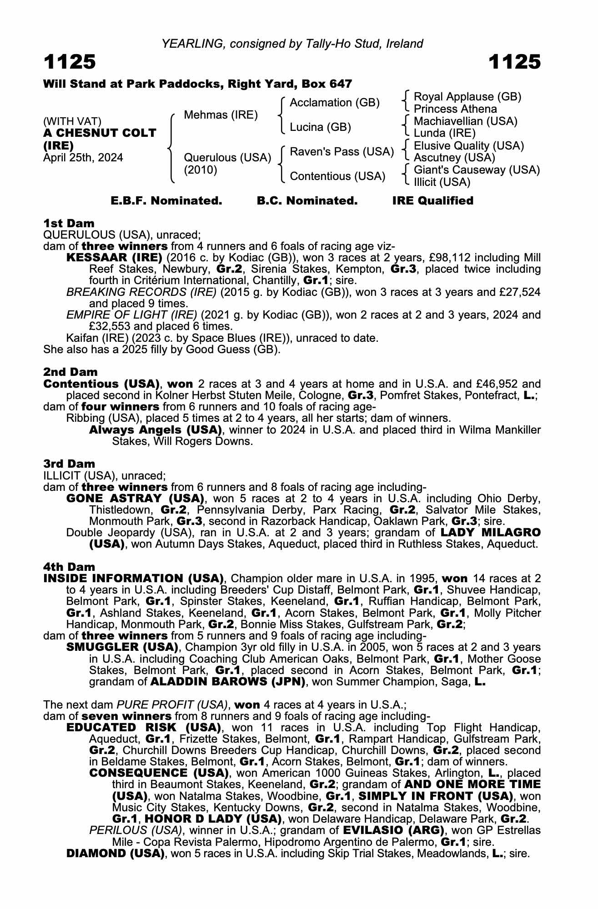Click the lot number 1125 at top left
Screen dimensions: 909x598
coord(70,62)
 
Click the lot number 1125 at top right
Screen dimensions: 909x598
coord(514,62)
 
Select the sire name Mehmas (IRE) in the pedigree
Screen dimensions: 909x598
coord(221,115)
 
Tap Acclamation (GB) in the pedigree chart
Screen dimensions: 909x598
coord(334,103)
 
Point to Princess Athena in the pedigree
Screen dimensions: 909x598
coord(455,109)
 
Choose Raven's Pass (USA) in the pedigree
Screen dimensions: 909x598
coord(342,151)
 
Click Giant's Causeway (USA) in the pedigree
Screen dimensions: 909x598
coord(477,170)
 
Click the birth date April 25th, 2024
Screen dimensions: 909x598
coord(83,158)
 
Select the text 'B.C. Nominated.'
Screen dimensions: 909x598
coord(307,201)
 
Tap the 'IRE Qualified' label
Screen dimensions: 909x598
coord(432,201)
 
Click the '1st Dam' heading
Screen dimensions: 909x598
coord(69,223)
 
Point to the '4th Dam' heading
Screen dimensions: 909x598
coord(69,567)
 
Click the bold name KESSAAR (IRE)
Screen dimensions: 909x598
coord(114,258)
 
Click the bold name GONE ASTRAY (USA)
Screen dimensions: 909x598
coord(135,498)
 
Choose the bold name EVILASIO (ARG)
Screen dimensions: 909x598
coord(393,830)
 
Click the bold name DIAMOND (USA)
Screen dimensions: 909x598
coord(115,853)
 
